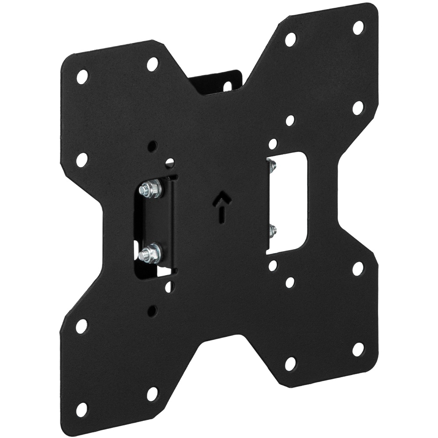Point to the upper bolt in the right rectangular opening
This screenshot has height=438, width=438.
click(x=272, y=166)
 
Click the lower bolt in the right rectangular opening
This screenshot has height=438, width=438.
click(x=272, y=230)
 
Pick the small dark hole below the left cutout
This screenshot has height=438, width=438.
click(x=152, y=311)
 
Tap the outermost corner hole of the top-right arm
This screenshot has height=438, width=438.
click(x=358, y=28)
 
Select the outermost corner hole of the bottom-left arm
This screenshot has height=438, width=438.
click(x=81, y=410)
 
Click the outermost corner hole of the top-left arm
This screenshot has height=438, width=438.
click(x=82, y=77)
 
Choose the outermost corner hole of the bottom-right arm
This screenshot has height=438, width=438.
click(x=358, y=349)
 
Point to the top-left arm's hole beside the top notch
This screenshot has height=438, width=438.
click(x=152, y=64)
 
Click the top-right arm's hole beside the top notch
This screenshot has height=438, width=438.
click(x=290, y=39)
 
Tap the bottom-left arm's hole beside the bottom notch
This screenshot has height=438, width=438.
click(x=152, y=394)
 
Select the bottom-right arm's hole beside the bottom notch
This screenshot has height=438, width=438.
click(x=290, y=363)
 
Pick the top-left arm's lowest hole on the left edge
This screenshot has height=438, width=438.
click(x=82, y=160)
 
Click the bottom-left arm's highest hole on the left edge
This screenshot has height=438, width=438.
click(x=82, y=326)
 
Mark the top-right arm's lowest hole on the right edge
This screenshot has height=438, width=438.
click(x=358, y=107)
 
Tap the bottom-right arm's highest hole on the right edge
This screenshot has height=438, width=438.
click(x=358, y=269)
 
